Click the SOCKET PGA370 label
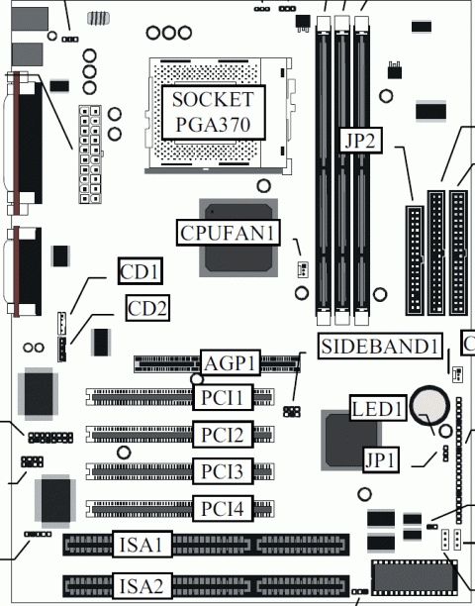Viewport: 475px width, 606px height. click(212, 112)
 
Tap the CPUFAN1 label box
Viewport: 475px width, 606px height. click(229, 233)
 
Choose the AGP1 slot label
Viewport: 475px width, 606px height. click(231, 362)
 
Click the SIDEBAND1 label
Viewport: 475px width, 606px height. click(378, 346)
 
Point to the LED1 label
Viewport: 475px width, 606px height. click(378, 408)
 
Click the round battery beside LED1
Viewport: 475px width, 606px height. click(431, 403)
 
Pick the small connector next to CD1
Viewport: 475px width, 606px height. click(61, 322)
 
